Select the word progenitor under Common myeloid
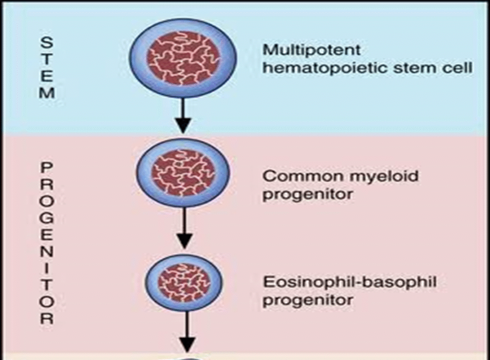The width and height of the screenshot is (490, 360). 308,195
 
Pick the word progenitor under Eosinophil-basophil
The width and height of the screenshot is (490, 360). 308,300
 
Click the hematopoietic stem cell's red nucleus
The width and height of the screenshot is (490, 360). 184,52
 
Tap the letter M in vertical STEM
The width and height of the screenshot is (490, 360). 46,93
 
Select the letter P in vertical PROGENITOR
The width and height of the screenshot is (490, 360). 46,168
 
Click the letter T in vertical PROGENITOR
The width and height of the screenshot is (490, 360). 46,284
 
